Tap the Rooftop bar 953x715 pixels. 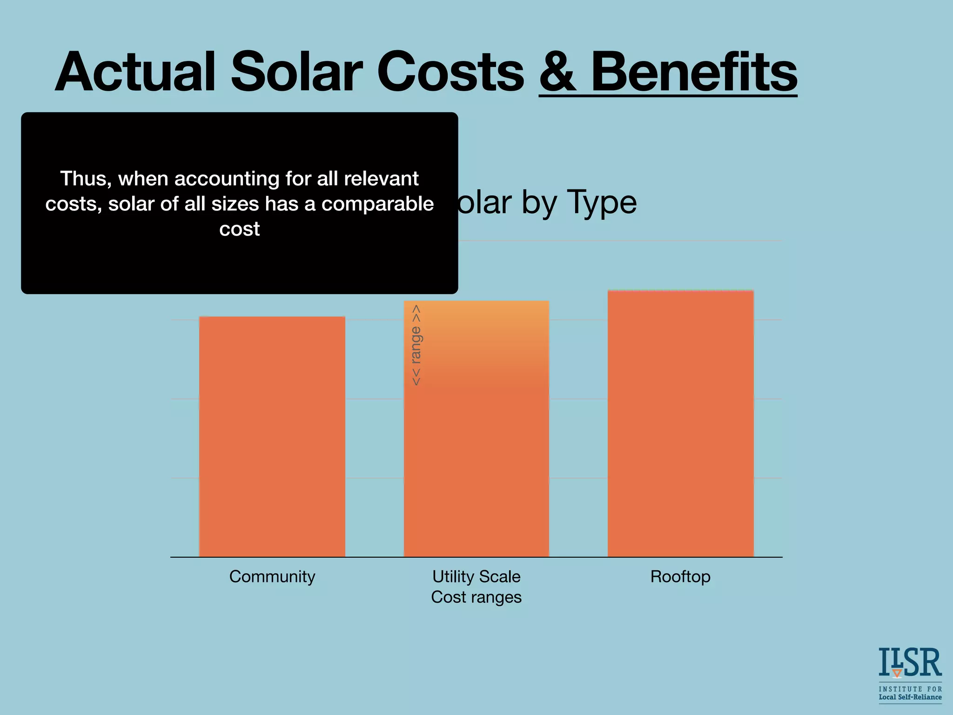680,424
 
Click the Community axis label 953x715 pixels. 272,577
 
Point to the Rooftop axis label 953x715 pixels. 680,577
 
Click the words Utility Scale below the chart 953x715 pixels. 476,577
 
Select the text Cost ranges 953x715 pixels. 476,597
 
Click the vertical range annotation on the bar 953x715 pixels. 416,345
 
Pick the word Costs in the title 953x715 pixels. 450,72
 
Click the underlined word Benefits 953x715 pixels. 693,72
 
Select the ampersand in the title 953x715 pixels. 558,72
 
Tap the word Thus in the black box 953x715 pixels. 85,179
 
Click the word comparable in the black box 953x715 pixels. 377,204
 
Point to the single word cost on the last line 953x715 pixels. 239,229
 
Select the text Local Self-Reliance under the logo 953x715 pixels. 910,697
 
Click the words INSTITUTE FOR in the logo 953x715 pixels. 910,689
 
